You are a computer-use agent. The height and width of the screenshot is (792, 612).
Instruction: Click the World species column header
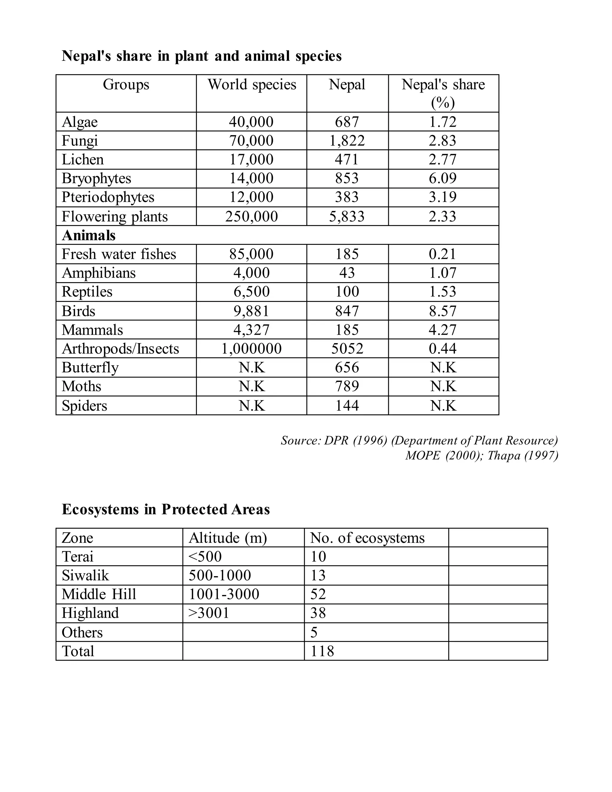[252, 85]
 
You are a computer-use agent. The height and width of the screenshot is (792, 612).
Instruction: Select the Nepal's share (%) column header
[443, 94]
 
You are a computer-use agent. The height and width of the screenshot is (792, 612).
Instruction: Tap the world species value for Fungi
[251, 141]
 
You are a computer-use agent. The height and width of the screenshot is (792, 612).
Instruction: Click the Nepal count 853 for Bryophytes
[347, 178]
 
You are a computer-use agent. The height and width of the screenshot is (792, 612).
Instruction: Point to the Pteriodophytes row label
[108, 197]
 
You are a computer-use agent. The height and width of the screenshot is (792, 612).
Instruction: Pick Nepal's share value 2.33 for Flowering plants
[443, 216]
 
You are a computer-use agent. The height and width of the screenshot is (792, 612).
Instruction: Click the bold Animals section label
[89, 235]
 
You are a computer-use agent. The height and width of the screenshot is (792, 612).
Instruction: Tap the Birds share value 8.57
[443, 311]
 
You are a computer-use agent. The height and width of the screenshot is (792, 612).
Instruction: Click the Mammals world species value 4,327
[251, 330]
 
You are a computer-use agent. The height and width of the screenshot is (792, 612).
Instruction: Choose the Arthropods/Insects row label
[120, 349]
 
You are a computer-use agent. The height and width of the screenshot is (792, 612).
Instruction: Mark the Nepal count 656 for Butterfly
[347, 368]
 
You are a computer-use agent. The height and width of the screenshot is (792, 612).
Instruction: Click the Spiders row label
[85, 406]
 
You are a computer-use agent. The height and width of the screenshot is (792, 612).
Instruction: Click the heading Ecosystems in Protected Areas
[166, 510]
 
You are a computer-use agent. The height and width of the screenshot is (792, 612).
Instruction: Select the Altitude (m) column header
[228, 538]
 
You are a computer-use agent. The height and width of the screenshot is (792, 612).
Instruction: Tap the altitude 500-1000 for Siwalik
[220, 576]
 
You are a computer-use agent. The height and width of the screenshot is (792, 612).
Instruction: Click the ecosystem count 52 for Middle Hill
[318, 594]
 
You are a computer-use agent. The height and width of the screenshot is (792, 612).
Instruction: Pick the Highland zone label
[90, 613]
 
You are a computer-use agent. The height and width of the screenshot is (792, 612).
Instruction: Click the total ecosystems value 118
[322, 651]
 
